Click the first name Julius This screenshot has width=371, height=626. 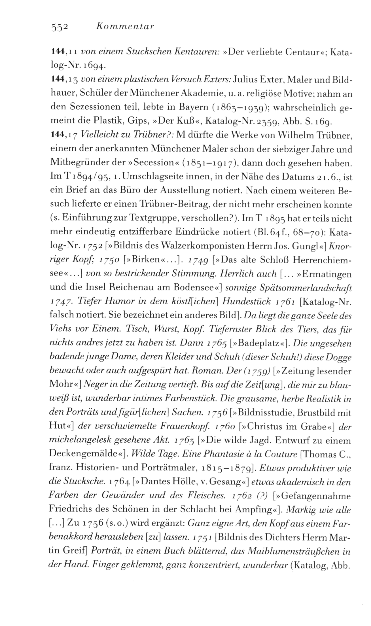[x=245, y=80]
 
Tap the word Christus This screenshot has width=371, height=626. [x=273, y=427]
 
